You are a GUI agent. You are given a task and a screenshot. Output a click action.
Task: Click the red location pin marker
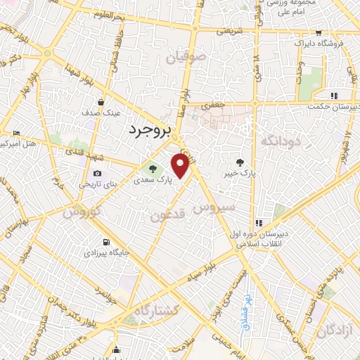point(180,165)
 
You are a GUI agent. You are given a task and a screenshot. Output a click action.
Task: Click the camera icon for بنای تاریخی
point(96,174)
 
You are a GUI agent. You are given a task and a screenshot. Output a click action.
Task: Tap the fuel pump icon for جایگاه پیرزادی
point(105,241)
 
